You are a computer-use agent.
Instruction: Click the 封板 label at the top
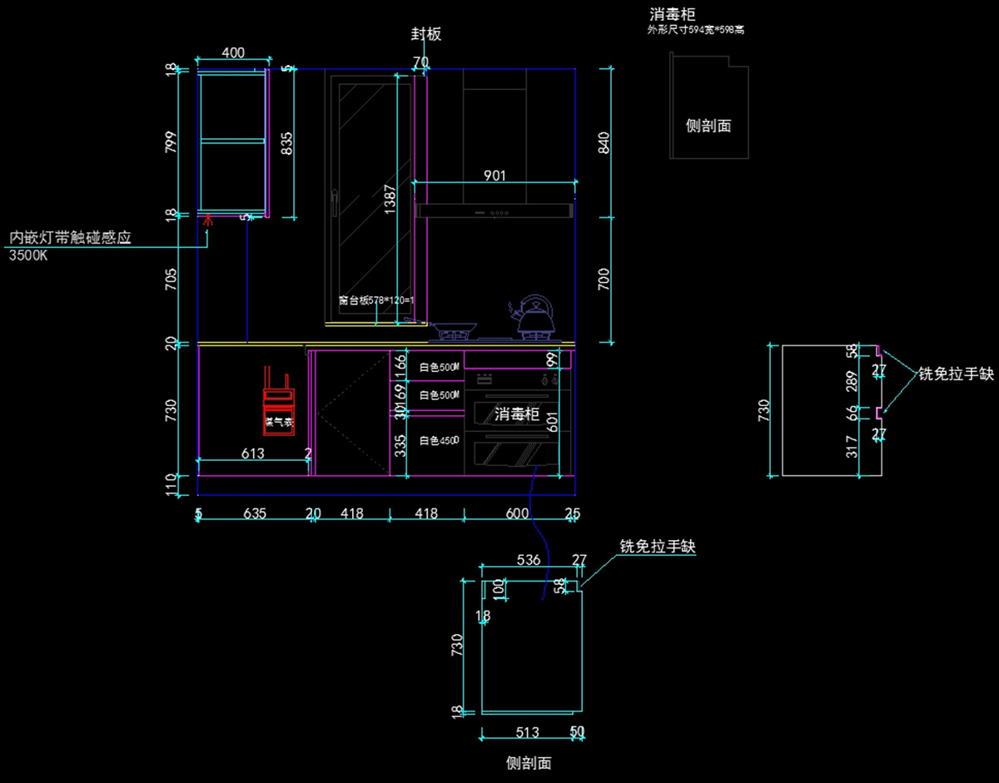click(x=425, y=34)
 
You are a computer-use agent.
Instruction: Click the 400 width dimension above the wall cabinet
click(x=233, y=52)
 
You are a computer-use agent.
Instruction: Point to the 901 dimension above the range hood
click(x=495, y=176)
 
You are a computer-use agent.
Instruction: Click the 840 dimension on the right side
click(x=604, y=142)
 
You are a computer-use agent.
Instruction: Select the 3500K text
click(x=28, y=255)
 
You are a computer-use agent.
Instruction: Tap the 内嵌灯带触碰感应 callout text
click(x=70, y=238)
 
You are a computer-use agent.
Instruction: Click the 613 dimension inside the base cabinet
click(x=253, y=453)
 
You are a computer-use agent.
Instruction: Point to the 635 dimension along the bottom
click(x=255, y=513)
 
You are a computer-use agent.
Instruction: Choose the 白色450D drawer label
click(x=439, y=441)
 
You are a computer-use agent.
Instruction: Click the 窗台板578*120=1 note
click(x=376, y=300)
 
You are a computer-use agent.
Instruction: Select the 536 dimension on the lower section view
click(x=529, y=560)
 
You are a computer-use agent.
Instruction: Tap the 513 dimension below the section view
click(x=527, y=732)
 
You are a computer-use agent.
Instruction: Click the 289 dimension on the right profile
click(x=851, y=382)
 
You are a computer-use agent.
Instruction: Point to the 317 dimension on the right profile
click(x=851, y=446)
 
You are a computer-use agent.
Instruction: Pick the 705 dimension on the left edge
click(x=171, y=279)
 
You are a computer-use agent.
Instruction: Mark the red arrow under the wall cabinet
click(x=207, y=221)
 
